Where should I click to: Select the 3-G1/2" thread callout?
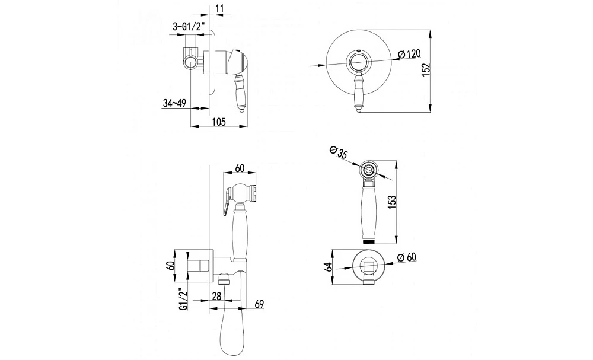pos(189,27)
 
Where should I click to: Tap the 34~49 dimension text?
pos(174,103)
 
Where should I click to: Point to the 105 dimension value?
pos(219,122)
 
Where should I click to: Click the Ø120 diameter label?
pos(409,54)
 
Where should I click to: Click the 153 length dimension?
pos(391,202)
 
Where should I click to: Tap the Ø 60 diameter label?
pos(407,257)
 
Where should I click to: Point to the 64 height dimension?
pos(328,267)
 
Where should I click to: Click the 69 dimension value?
pos(259,304)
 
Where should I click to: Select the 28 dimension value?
pos(216,296)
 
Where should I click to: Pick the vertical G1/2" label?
pos(183,299)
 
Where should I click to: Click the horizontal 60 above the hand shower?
pos(240,168)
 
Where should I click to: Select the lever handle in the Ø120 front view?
pos(358,93)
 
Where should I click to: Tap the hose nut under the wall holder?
pos(225,279)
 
